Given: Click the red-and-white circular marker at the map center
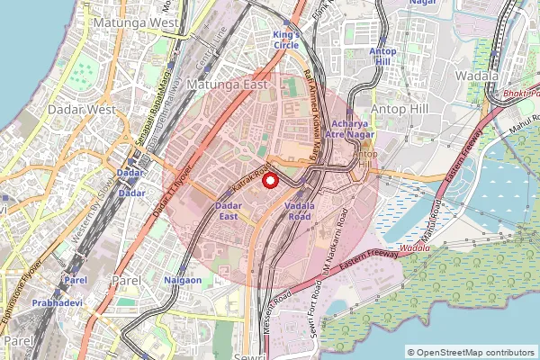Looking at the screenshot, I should tap(269, 180).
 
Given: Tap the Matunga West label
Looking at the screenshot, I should tap(140, 21).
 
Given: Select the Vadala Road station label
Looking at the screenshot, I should tap(299, 211).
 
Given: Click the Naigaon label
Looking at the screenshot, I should tap(183, 281).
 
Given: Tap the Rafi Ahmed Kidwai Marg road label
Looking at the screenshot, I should tap(315, 108).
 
